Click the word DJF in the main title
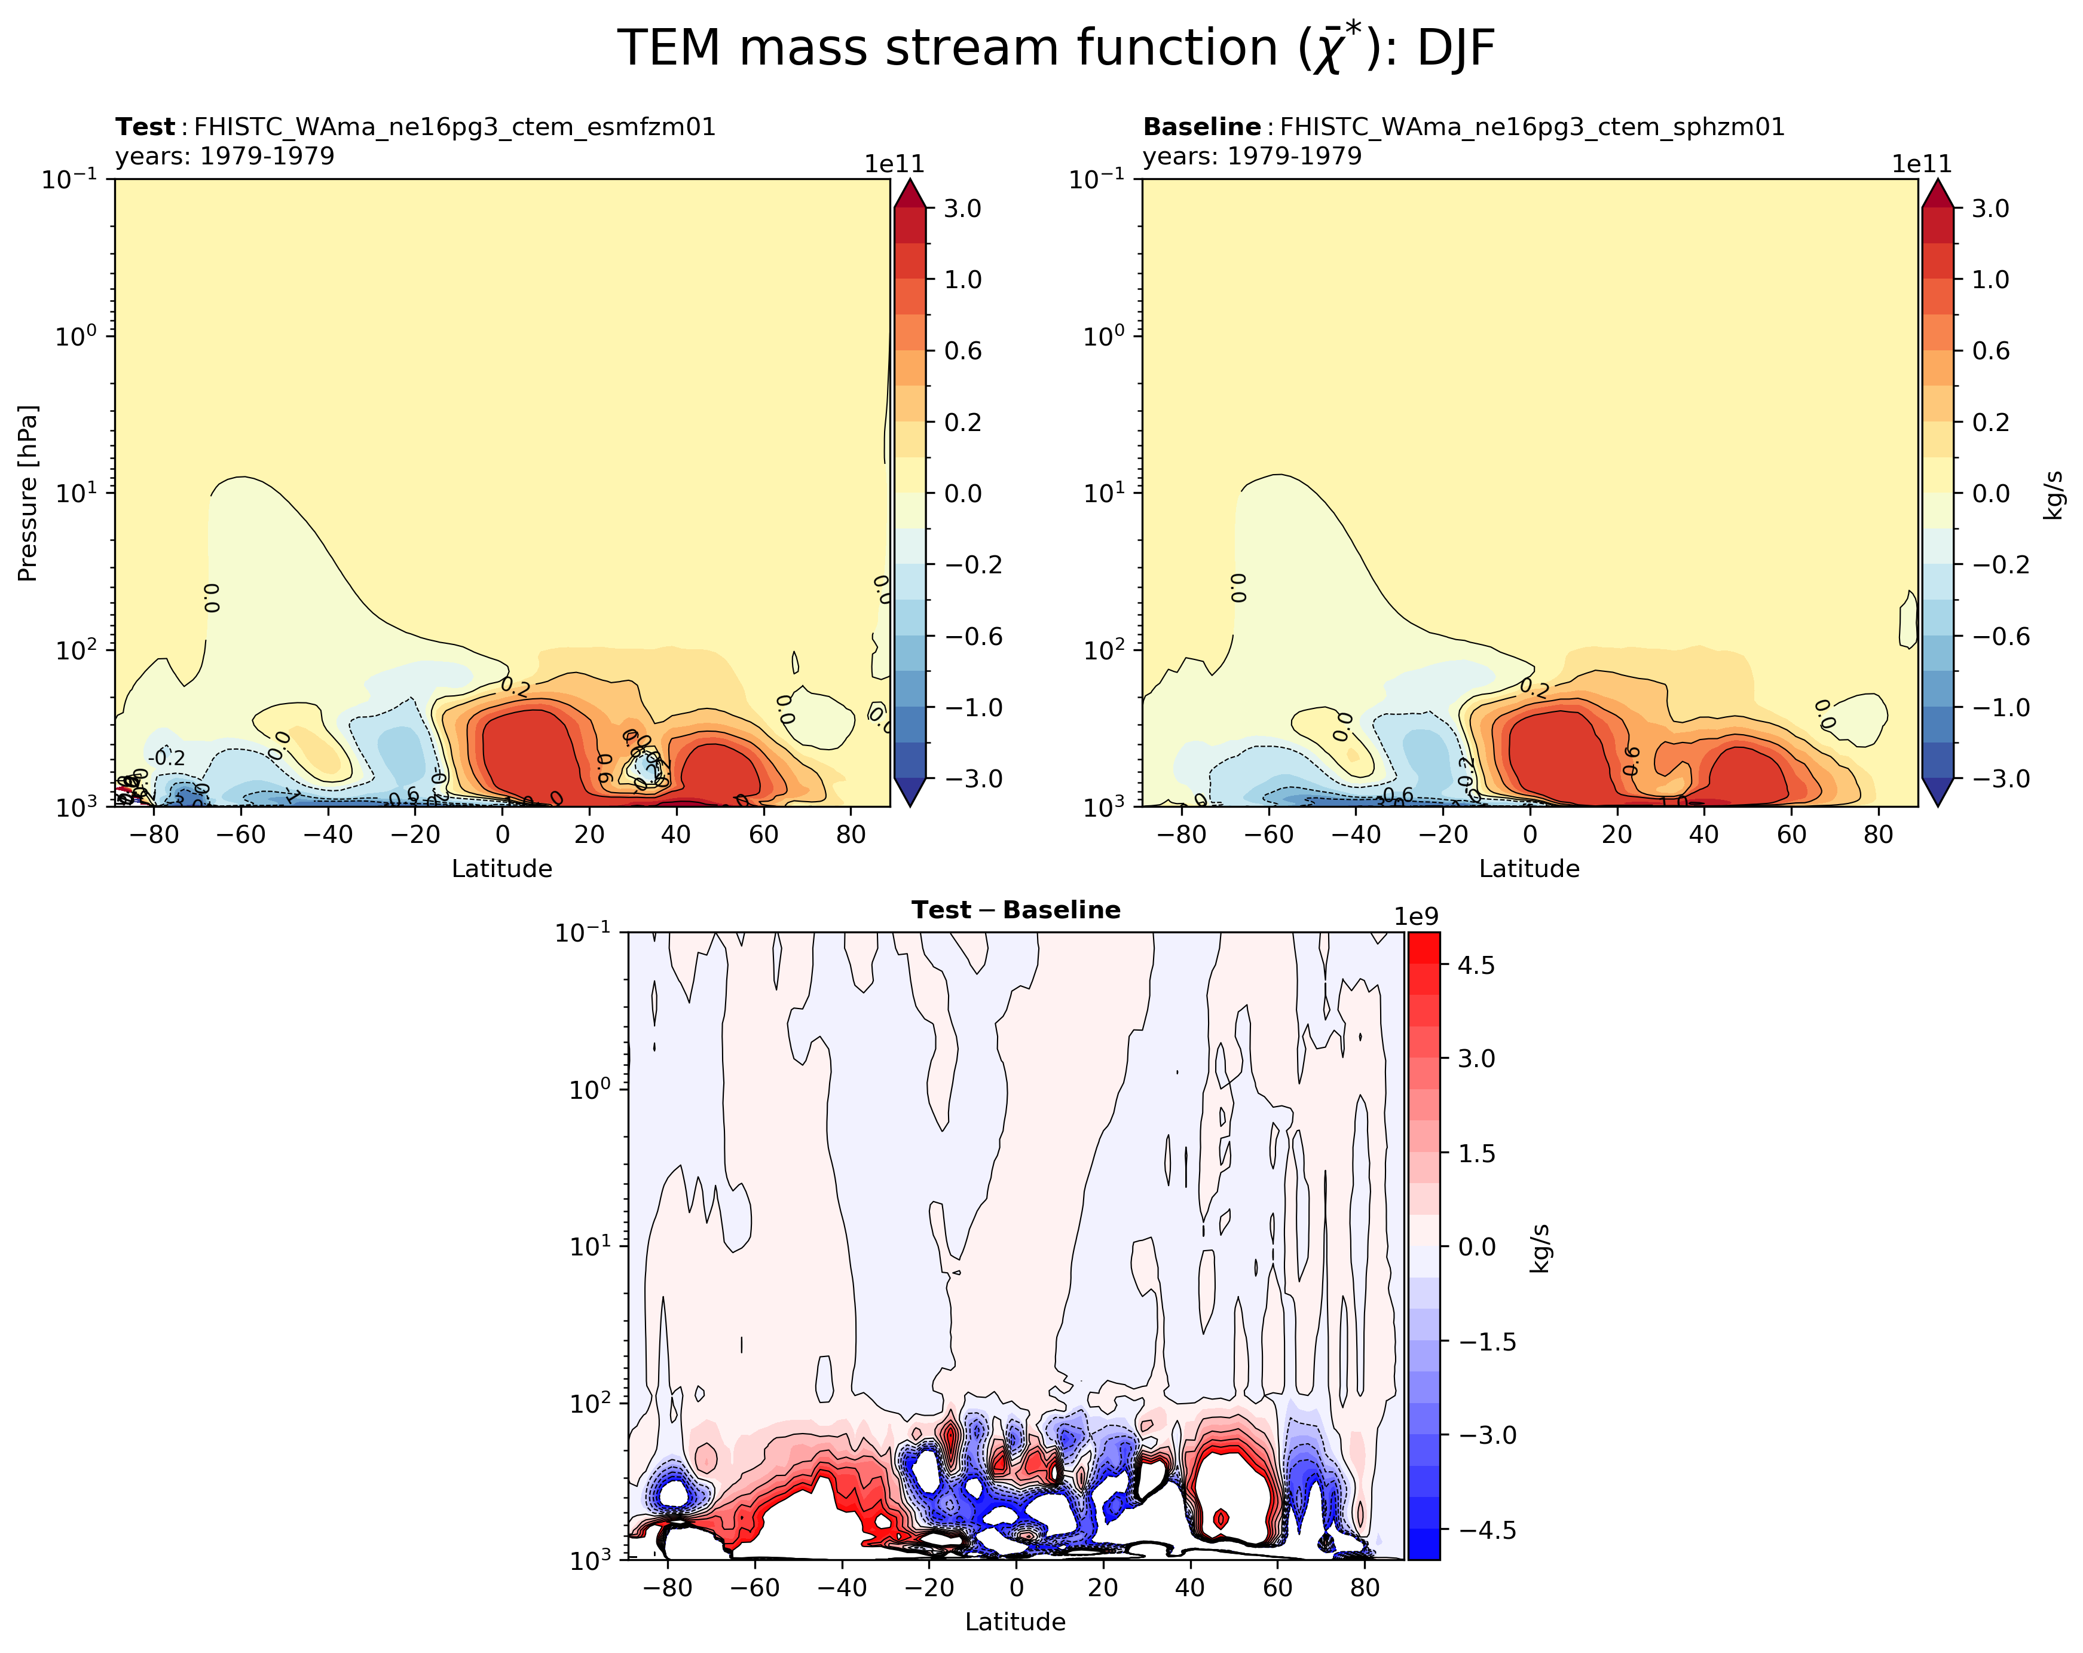pos(1456,48)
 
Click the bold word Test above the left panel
pos(145,127)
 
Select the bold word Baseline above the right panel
pos(1201,127)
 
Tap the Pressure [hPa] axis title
pos(28,493)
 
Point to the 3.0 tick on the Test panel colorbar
pos(962,209)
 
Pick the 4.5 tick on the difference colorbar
pos(1475,965)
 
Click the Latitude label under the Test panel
pos(501,869)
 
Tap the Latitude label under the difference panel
pos(1014,1622)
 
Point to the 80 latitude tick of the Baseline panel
pos(1877,835)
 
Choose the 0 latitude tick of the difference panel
pos(1015,1587)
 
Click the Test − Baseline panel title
pos(1015,910)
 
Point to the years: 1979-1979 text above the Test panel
pos(225,155)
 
